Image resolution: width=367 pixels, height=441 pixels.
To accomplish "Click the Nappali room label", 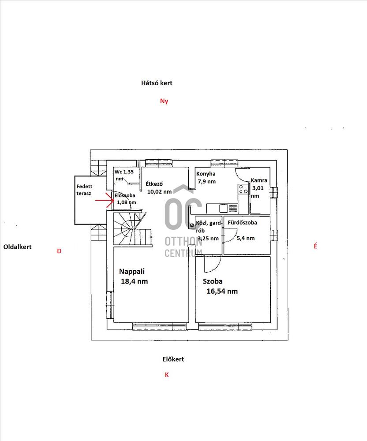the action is pos(131,271).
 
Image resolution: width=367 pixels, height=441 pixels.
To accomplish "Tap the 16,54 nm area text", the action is pos(222,291).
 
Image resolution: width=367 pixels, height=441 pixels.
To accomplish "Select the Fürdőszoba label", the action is pos(242,222).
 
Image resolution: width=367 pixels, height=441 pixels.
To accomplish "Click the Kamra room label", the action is pos(259,180).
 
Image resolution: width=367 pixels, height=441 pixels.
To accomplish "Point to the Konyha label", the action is pos(206,174).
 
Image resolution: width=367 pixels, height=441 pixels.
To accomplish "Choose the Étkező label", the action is pos(154,183).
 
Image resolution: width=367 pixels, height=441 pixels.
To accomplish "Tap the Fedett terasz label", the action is pos(84,190).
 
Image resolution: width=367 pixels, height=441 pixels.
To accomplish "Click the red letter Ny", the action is pos(164,101).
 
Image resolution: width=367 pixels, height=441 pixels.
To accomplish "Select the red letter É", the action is pos(315,246).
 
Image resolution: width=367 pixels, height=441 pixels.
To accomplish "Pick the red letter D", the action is pos(59,251).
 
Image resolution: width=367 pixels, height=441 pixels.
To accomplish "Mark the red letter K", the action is pos(167,374).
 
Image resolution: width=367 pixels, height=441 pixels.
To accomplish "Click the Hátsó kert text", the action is pos(157,83).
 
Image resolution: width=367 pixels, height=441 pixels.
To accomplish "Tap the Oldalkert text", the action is pos(18,247).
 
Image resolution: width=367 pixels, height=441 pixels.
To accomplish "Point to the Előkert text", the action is pos(173,359).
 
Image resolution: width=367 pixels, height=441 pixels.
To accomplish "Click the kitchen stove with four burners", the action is pos(243,189).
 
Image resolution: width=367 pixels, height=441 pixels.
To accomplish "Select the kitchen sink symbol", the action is pos(224,208).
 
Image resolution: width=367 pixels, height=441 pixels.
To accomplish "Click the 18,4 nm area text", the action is pos(135,281).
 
